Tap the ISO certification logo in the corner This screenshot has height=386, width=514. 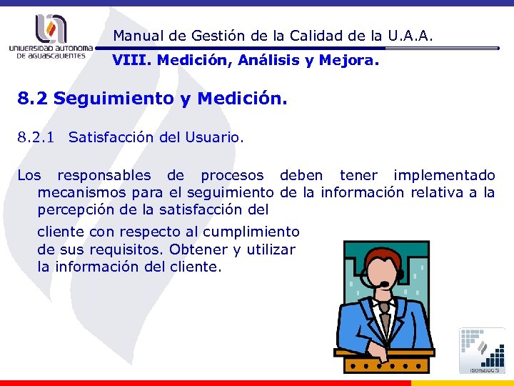[483, 350]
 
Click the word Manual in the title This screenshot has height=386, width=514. [135, 35]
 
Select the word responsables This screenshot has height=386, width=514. [104, 175]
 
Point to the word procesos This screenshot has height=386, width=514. [231, 175]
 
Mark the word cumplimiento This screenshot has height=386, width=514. [251, 232]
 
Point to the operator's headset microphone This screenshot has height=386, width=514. [385, 284]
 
